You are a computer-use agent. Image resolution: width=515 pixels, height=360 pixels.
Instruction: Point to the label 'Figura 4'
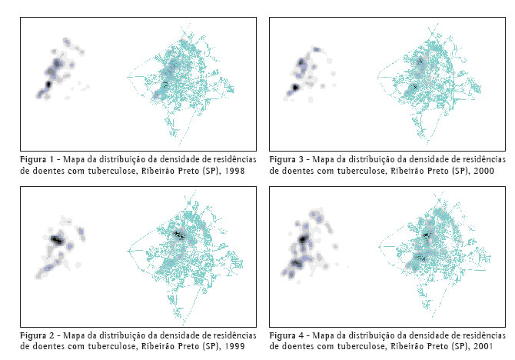coord(287,335)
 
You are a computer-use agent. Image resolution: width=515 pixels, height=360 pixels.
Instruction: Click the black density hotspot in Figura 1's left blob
coord(48,82)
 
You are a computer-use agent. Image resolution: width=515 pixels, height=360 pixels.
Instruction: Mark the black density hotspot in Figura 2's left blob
coord(56,239)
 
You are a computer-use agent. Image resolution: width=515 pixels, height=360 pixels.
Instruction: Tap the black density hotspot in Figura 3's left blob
coord(294,88)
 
